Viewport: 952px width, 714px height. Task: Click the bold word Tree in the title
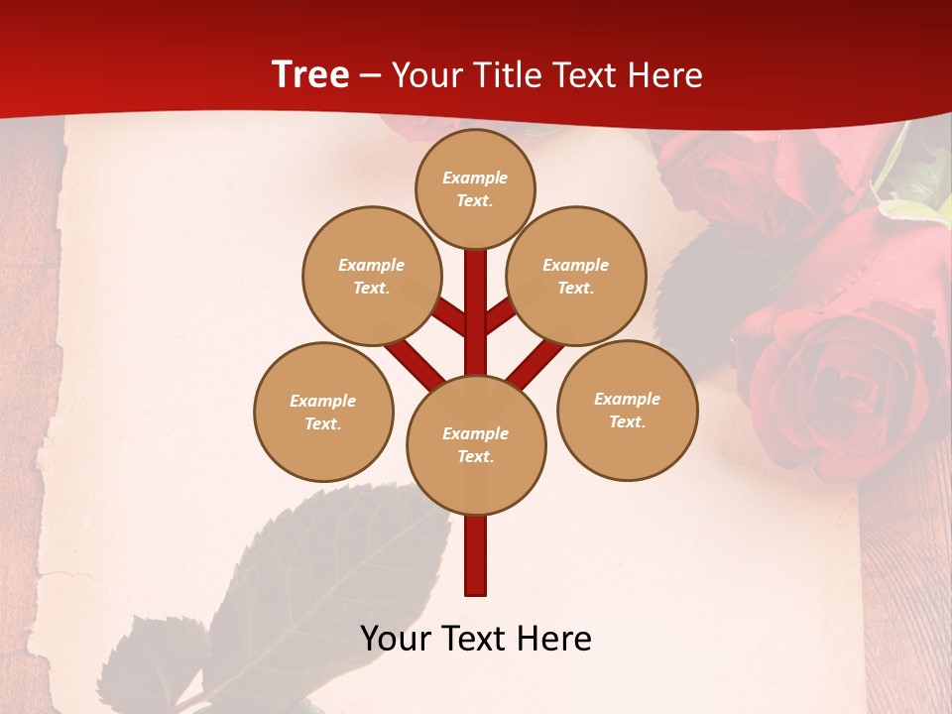310,74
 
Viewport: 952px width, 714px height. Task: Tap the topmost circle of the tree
475,188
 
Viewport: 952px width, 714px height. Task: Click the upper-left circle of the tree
372,276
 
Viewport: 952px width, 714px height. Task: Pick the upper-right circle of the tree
576,276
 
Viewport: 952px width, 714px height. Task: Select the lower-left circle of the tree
323,412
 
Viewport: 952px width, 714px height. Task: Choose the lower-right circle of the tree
627,410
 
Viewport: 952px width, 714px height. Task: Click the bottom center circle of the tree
476,444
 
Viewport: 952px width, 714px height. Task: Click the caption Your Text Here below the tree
476,638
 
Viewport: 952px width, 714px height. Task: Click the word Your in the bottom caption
394,638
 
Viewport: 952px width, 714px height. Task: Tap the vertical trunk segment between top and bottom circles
476,307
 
